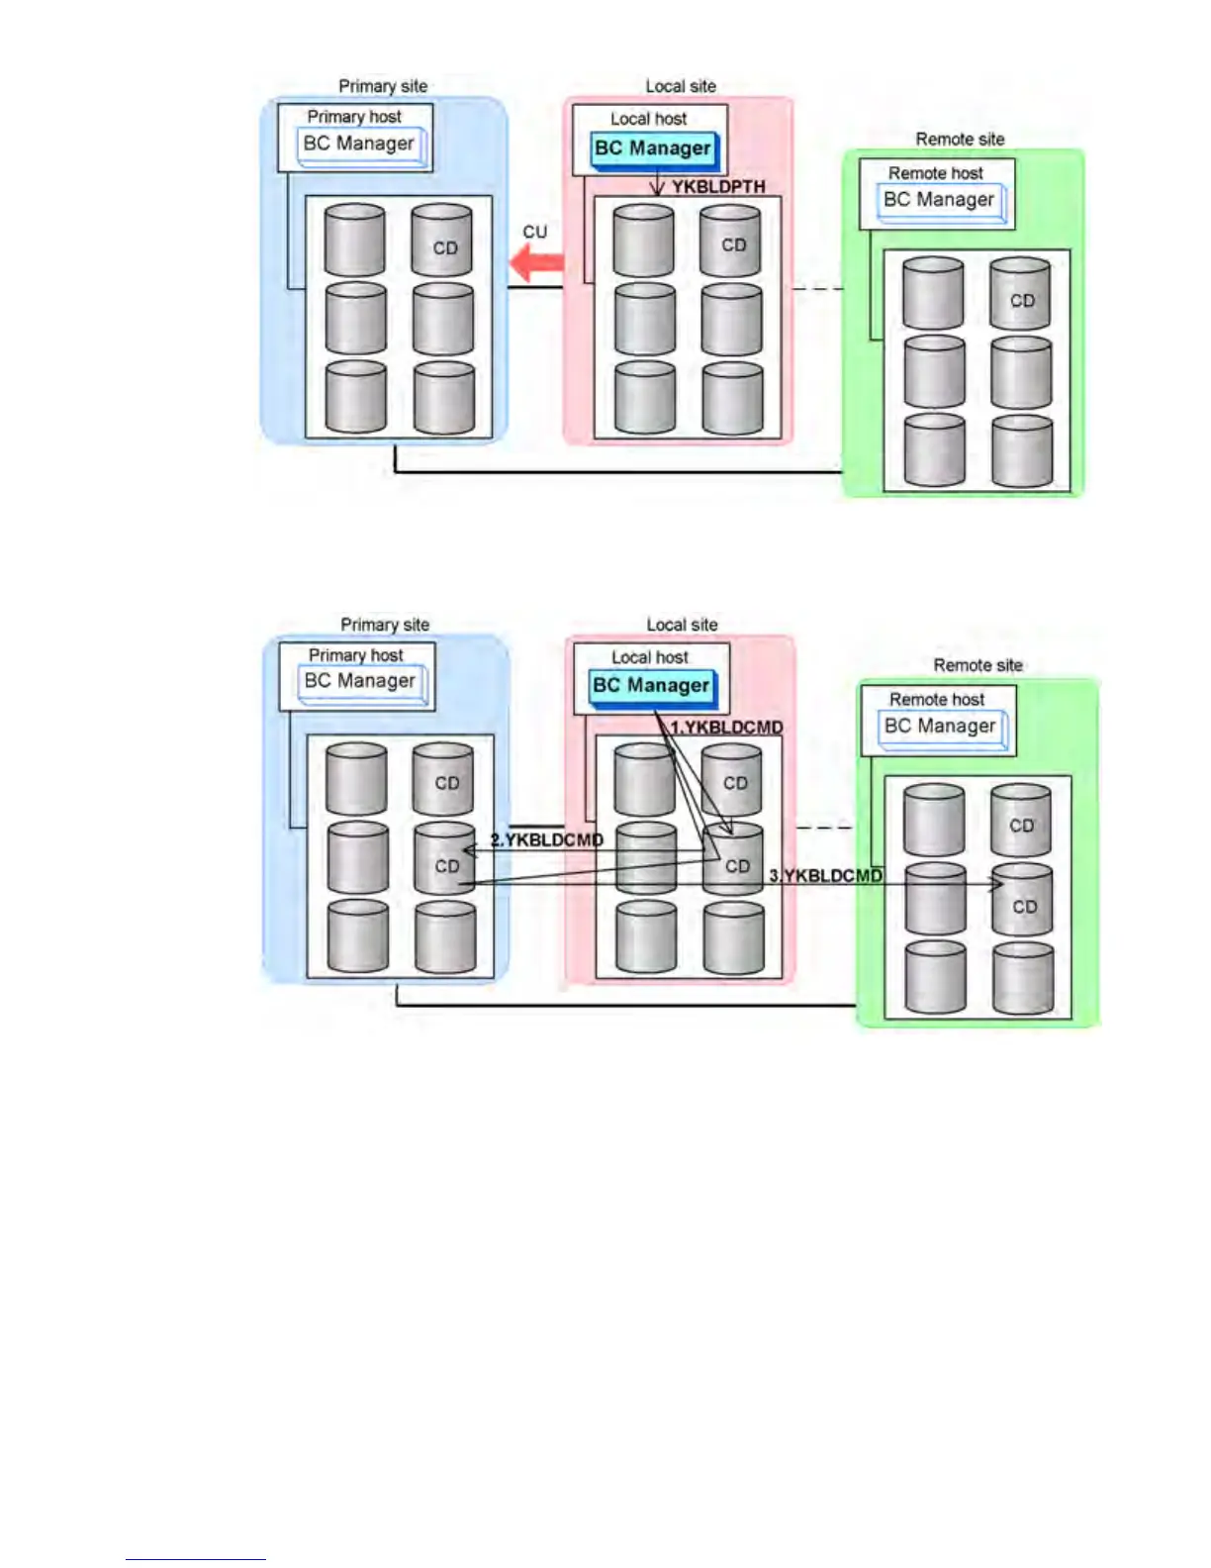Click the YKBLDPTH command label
[718, 186]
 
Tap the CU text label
[534, 232]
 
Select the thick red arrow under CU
[536, 263]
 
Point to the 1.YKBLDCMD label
[727, 727]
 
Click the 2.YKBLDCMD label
[547, 839]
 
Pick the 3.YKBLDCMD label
[826, 875]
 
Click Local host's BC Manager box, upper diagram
[653, 149]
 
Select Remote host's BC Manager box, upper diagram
[938, 200]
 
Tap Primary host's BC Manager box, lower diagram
[360, 681]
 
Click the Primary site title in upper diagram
[383, 86]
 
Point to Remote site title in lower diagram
[978, 665]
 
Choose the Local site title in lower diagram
[682, 625]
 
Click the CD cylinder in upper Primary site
[442, 241]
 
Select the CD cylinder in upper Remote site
[1020, 293]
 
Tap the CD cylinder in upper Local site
[731, 241]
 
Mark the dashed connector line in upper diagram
[817, 289]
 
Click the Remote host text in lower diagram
[937, 699]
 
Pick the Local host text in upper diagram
[648, 119]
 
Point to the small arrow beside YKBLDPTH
[656, 185]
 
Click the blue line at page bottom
[195, 1559]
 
